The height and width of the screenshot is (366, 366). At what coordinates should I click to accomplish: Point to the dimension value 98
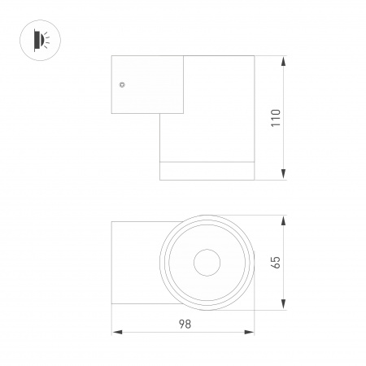[185, 324]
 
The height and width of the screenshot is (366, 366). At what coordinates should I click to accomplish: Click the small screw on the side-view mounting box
[121, 84]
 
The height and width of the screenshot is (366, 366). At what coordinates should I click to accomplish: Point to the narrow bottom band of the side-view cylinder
[207, 170]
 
